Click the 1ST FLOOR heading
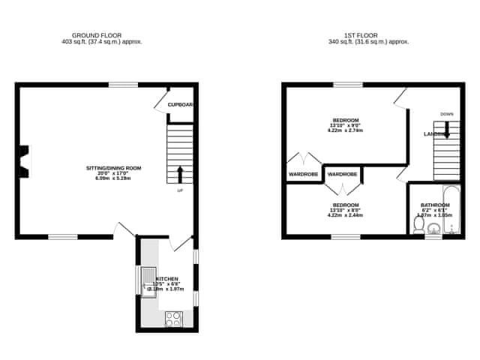coord(368,35)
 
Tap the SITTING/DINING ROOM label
coord(113,168)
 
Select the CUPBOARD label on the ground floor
coord(181,104)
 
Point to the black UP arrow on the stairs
coord(179,174)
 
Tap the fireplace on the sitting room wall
coord(25,161)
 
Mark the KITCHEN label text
coord(166,278)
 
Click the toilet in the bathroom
coord(419,224)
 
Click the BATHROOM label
coord(435,204)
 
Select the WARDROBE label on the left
coord(303,174)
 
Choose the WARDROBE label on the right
coord(342,174)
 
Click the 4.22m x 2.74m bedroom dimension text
coord(345,130)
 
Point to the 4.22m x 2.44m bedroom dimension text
coord(345,215)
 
